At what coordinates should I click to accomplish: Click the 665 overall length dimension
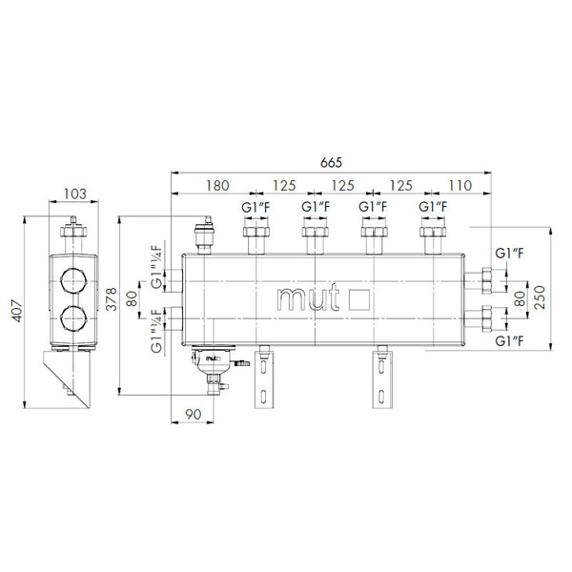click(x=331, y=162)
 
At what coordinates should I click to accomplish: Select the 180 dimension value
click(x=217, y=185)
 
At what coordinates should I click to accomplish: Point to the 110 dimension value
click(x=460, y=185)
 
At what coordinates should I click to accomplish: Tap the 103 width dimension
click(x=74, y=194)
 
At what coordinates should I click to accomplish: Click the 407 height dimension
click(x=17, y=311)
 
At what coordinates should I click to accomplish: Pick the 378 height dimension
click(x=112, y=299)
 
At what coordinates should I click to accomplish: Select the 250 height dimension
click(x=540, y=297)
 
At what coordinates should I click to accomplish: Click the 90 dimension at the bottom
click(x=193, y=414)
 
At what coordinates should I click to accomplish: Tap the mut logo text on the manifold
click(x=308, y=298)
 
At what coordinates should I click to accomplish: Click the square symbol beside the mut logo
click(x=359, y=300)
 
